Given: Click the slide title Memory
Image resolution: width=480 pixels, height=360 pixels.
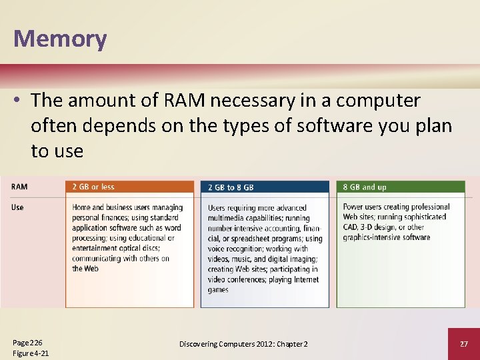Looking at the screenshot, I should click(x=60, y=39).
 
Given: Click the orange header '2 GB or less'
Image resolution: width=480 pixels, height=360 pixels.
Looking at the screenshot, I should click(x=93, y=187).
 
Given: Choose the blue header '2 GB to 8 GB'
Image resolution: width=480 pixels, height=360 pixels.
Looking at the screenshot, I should click(x=231, y=188).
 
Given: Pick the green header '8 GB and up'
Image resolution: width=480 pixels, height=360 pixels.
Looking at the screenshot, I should click(x=365, y=187).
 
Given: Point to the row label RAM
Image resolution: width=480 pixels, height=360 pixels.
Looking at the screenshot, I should click(x=19, y=187).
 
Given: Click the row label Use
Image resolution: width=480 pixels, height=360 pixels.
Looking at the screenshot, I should click(x=17, y=207).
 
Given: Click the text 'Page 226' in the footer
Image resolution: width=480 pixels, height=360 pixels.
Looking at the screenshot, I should click(x=28, y=343).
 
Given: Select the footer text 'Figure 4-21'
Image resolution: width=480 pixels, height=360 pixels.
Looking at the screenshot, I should click(x=31, y=353).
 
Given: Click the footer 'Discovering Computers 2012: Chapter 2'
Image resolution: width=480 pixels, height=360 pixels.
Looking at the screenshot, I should click(x=243, y=343).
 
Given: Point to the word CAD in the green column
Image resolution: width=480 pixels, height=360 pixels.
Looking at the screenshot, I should click(x=352, y=227).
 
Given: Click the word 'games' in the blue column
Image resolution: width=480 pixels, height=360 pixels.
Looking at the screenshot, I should click(x=218, y=290).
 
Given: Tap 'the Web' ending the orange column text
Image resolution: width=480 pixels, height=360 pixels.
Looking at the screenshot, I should click(x=86, y=269).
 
